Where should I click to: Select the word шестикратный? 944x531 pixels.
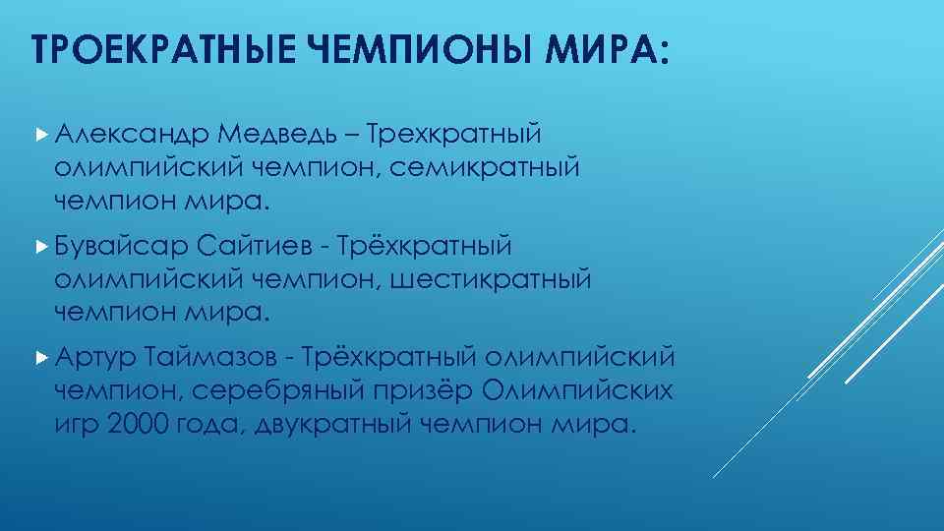(491, 279)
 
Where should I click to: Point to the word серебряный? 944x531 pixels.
(286, 390)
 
